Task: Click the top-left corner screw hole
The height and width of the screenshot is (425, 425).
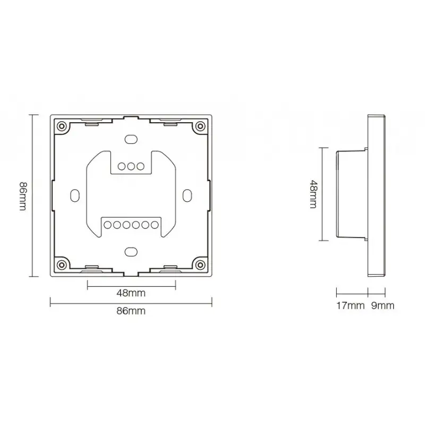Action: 62,126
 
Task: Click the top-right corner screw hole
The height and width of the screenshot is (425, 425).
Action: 199,126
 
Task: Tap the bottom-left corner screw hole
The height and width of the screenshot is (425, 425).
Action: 62,264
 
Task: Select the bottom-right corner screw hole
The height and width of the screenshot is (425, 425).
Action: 199,264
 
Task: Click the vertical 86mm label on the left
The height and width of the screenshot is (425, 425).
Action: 23,195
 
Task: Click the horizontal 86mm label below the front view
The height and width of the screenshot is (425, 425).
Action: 131,312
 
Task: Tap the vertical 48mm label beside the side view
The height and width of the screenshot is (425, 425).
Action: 314,195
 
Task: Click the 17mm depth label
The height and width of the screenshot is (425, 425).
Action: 351,305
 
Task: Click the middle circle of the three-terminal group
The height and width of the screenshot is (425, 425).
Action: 131,166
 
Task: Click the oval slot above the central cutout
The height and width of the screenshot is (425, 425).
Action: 131,139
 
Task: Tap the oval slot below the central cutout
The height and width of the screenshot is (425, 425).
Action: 131,251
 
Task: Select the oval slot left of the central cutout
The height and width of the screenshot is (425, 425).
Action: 75,195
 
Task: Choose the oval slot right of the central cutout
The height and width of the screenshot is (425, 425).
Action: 186,195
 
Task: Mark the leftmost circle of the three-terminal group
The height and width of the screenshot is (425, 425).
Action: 121,166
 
